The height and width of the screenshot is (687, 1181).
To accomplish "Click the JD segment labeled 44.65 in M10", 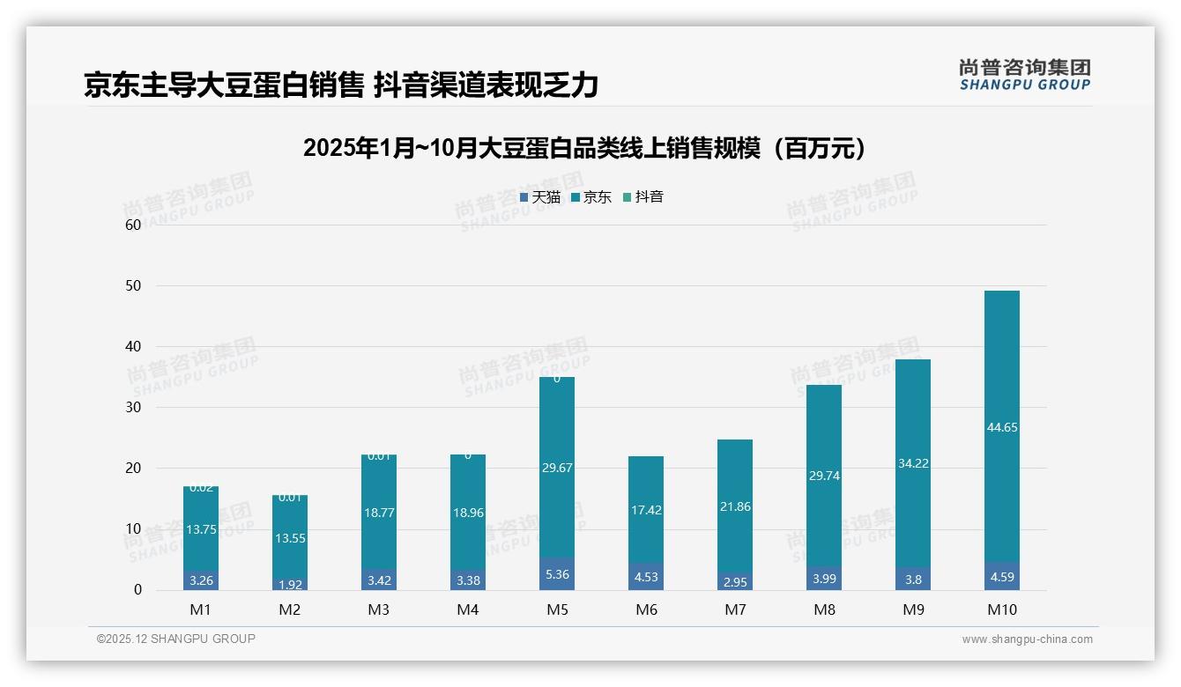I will pyautogui.click(x=1001, y=427).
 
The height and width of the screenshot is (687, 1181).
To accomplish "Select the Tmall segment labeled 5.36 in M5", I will pyautogui.click(x=556, y=573).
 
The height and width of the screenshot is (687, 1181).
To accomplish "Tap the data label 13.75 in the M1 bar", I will pyautogui.click(x=201, y=529).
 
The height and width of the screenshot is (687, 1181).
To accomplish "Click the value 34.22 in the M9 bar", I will pyautogui.click(x=912, y=463).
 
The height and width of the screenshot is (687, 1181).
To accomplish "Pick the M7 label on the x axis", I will pyautogui.click(x=734, y=609).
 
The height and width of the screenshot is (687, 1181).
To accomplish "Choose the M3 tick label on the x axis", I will pyautogui.click(x=379, y=609).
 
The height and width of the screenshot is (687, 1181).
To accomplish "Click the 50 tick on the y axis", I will pyautogui.click(x=133, y=286).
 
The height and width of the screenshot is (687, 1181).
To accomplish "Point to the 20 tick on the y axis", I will pyautogui.click(x=133, y=469).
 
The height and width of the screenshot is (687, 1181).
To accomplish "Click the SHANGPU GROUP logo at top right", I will pyautogui.click(x=1024, y=75).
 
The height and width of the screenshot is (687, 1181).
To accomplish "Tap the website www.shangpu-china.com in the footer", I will pyautogui.click(x=1027, y=639).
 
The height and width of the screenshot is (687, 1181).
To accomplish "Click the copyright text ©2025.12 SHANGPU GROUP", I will pyautogui.click(x=176, y=639).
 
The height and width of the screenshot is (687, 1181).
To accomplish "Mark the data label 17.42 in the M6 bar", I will pyautogui.click(x=645, y=510).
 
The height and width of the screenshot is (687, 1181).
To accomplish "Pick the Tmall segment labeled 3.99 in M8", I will pyautogui.click(x=823, y=578).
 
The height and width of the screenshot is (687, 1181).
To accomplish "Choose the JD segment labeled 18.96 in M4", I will pyautogui.click(x=467, y=513).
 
